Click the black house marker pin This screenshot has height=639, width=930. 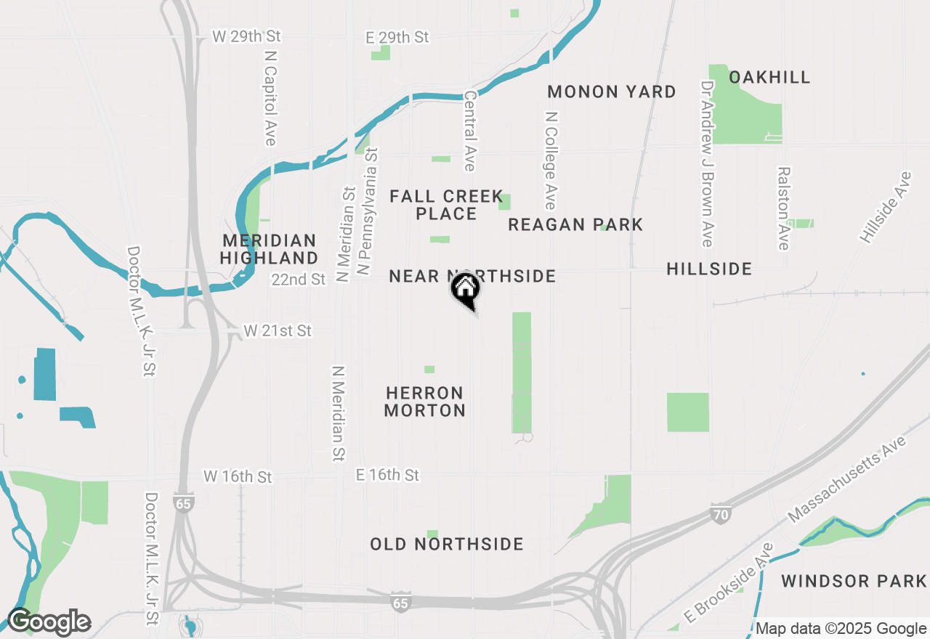point(466,289)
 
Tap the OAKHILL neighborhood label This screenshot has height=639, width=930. point(769,78)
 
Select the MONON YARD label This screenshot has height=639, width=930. point(612,92)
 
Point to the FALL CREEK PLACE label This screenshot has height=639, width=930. point(446,205)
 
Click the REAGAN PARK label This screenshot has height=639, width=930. point(575,225)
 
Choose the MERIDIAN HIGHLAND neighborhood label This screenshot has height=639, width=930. point(269,249)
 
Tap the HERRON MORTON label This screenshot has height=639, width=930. point(425,402)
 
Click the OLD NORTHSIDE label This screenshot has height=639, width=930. point(447,545)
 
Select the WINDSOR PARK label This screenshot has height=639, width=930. point(854,582)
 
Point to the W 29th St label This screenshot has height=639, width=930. point(246,36)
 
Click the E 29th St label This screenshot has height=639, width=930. point(397,37)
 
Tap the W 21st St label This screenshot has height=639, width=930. point(278,331)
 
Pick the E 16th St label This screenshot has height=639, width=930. point(387,476)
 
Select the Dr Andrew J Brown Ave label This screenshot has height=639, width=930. point(706,163)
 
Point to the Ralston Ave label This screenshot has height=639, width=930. point(783,209)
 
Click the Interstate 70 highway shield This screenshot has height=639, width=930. point(719,515)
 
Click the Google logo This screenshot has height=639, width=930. point(49,622)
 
